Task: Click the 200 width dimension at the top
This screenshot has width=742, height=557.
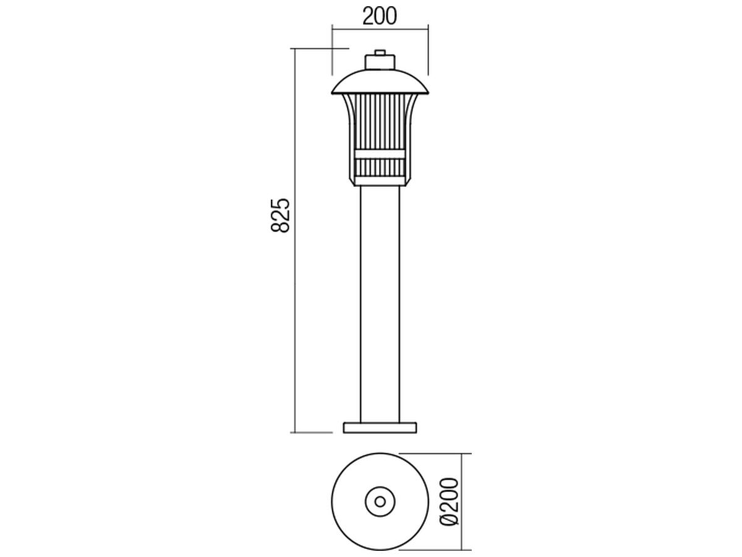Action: coord(379,16)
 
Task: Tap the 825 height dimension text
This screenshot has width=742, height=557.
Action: coord(280,215)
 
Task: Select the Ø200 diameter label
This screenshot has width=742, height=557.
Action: coord(450,501)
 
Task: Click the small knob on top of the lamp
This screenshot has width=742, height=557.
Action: coord(380,53)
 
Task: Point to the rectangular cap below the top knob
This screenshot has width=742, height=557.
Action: coord(380,63)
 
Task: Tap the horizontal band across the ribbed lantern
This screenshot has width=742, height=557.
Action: coord(380,154)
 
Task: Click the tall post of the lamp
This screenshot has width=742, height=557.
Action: coord(380,304)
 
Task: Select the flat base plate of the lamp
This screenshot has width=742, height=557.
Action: coord(380,428)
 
